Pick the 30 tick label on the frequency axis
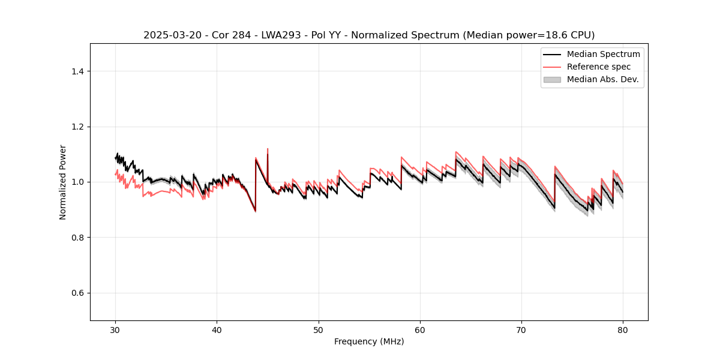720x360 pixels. [x=116, y=330]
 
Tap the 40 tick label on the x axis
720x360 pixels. [x=217, y=330]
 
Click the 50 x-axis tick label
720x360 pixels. [x=319, y=330]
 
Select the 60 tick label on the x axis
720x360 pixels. [x=420, y=330]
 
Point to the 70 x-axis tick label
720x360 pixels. [x=521, y=330]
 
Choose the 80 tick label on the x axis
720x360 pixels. [x=623, y=330]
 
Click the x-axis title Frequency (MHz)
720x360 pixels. [x=369, y=341]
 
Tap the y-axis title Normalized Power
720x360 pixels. [x=63, y=182]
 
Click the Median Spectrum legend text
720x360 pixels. [x=603, y=54]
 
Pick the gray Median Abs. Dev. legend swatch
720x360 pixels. [x=551, y=79]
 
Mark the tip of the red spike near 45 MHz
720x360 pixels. [x=268, y=149]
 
